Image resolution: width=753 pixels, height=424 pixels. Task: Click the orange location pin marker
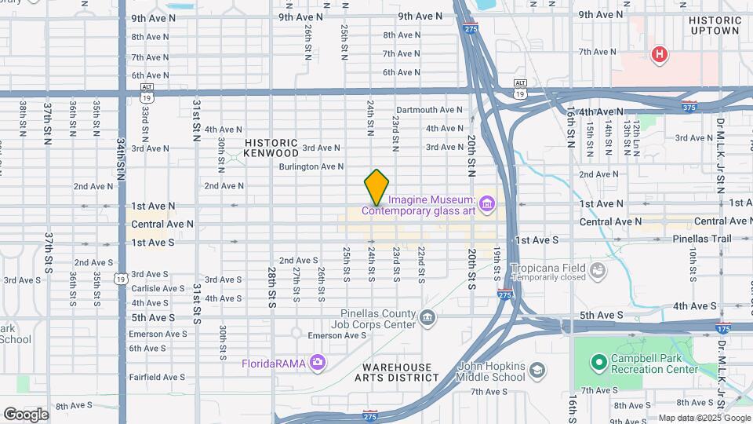376,187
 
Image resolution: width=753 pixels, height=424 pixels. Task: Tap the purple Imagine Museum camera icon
488,205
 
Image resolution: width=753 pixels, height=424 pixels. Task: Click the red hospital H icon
660,54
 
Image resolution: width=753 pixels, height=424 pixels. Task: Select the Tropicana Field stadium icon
599,271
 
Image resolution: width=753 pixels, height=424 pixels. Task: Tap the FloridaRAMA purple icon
317,362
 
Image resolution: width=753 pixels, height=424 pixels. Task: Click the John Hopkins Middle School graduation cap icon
537,370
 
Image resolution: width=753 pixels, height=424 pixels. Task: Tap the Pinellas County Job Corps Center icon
427,317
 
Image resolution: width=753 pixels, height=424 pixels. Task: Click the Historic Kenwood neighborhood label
271,148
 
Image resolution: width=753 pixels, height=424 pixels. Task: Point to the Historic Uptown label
715,25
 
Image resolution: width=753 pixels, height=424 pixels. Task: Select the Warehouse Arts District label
397,372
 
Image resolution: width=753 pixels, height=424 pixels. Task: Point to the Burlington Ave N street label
311,166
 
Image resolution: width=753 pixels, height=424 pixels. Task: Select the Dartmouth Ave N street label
430,110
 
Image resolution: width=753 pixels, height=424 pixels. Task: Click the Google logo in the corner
25,415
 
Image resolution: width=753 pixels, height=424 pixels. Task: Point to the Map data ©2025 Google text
704,418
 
